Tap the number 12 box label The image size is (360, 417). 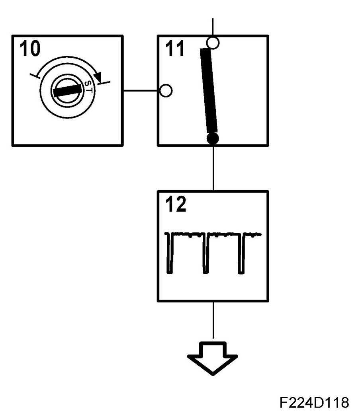(175, 205)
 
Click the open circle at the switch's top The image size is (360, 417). (213, 43)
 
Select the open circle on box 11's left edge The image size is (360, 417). (166, 91)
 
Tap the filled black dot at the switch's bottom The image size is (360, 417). (213, 138)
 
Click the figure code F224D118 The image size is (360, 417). (312, 402)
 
